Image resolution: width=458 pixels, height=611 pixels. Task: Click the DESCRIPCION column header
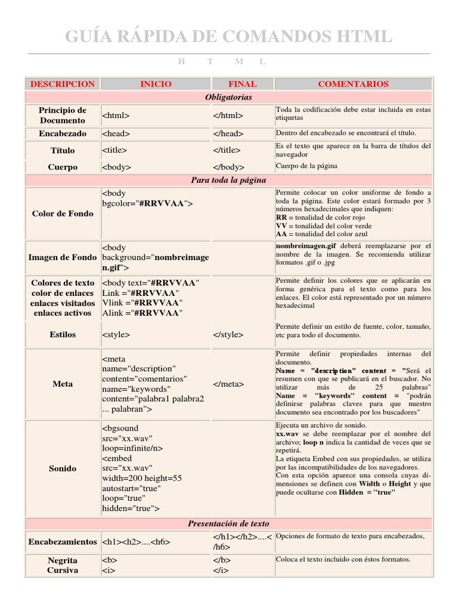(63, 84)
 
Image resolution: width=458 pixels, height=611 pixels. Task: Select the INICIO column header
(156, 84)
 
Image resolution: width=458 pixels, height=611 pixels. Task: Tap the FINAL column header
(242, 84)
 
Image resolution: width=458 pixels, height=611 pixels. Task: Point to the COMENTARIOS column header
(353, 84)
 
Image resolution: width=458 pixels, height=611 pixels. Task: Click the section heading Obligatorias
(228, 97)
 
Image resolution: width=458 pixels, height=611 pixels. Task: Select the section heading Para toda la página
(228, 180)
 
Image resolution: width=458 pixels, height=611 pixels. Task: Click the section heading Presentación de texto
(228, 523)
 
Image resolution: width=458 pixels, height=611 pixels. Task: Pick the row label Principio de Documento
(63, 115)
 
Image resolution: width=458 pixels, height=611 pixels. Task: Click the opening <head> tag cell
(116, 134)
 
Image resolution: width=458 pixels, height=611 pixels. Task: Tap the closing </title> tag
(227, 150)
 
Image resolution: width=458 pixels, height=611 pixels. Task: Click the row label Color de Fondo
(63, 214)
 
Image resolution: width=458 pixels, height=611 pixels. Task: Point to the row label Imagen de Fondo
(63, 257)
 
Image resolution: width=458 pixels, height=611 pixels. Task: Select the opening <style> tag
(116, 335)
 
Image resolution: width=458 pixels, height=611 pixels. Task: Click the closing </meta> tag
(228, 384)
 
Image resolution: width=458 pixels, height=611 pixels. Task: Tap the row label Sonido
(63, 468)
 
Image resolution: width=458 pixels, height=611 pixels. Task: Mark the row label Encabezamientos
(63, 542)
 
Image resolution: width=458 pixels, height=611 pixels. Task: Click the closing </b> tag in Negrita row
(221, 560)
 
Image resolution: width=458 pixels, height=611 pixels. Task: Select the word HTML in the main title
(357, 37)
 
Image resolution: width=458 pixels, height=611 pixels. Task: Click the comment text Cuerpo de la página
(307, 166)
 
